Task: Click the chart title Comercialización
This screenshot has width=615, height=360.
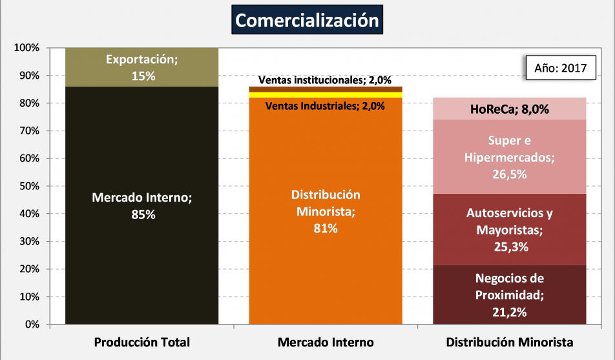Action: click(307, 20)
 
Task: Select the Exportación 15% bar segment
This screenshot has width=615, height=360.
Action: click(142, 67)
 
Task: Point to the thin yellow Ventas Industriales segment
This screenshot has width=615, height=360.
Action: click(326, 95)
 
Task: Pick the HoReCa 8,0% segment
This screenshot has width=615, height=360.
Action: click(510, 109)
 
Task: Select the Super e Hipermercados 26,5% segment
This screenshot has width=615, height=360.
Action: click(510, 156)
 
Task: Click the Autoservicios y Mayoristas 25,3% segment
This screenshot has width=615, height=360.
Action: click(510, 229)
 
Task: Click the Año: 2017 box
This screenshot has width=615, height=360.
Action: click(559, 68)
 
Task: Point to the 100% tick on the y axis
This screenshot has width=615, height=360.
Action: click(27, 48)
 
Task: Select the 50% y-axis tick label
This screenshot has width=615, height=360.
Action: click(30, 186)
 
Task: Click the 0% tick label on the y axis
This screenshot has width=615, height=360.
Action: click(32, 324)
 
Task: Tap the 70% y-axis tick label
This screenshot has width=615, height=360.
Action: click(30, 131)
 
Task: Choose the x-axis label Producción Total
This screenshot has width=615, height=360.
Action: click(142, 342)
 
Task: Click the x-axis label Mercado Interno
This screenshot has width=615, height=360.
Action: click(326, 342)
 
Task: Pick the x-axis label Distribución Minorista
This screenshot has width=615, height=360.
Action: click(510, 342)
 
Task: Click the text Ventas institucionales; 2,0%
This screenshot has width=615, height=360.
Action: click(325, 80)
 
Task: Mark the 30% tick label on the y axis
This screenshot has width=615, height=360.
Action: click(30, 242)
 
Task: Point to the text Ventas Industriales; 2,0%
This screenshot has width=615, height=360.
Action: click(326, 106)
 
